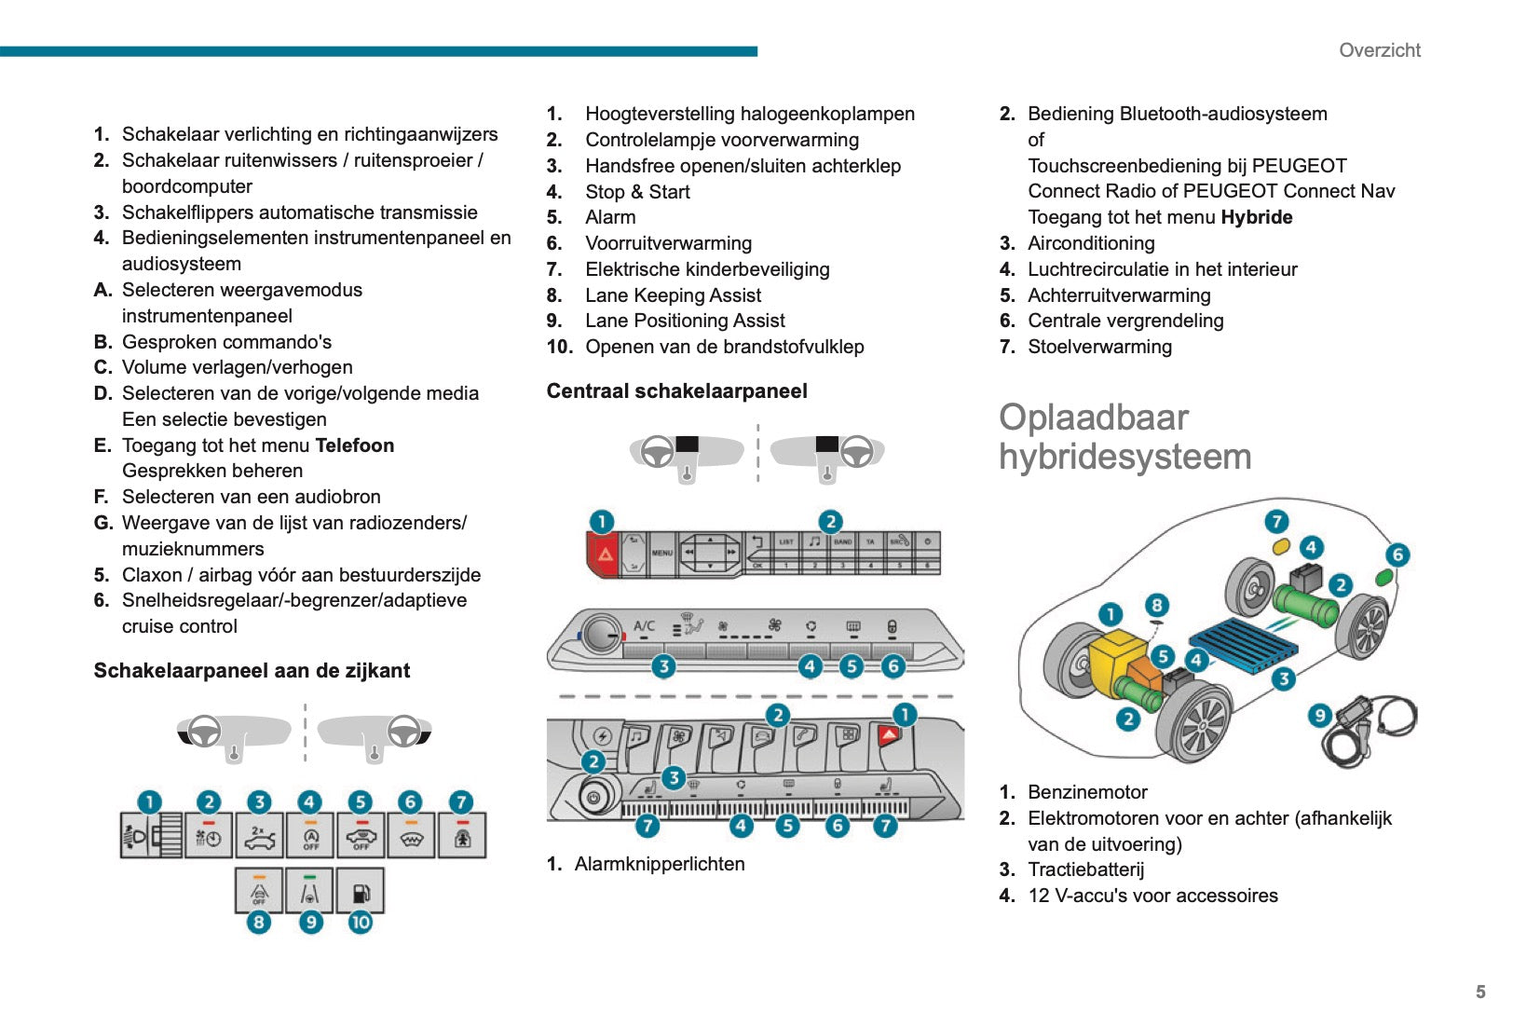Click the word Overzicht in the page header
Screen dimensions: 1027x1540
tap(1379, 50)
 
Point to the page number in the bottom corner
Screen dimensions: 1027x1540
tap(1480, 992)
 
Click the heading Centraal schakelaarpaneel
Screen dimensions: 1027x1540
tap(676, 391)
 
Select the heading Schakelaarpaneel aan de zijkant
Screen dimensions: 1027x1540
tap(252, 671)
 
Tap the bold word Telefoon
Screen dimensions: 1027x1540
tap(354, 445)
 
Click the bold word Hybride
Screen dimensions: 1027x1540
tap(1256, 217)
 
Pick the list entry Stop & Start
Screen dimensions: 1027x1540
tap(637, 192)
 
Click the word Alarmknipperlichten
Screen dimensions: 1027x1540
tap(659, 864)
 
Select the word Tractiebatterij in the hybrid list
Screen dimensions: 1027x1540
tap(1085, 870)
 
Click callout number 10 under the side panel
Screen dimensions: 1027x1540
tap(361, 923)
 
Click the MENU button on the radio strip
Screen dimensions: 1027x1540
tap(662, 553)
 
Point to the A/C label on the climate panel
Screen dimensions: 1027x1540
tap(644, 626)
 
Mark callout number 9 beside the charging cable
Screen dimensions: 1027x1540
tap(1319, 716)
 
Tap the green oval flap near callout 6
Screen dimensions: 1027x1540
tap(1384, 577)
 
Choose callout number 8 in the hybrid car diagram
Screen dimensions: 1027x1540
tap(1156, 605)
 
